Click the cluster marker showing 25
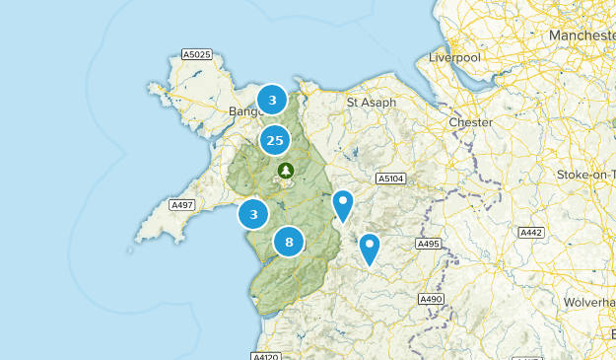pyautogui.click(x=274, y=141)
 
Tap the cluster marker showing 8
pyautogui.click(x=289, y=241)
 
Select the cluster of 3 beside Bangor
pyautogui.click(x=272, y=100)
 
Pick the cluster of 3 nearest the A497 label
pyautogui.click(x=254, y=214)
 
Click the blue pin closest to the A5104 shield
pyautogui.click(x=342, y=206)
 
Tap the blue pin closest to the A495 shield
pyautogui.click(x=370, y=249)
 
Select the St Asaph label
pyautogui.click(x=372, y=103)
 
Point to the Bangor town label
pyautogui.click(x=243, y=111)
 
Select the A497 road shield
pyautogui.click(x=181, y=205)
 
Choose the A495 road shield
pyautogui.click(x=428, y=244)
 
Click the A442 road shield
pyautogui.click(x=531, y=233)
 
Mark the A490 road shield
pyautogui.click(x=432, y=299)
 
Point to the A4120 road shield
pyautogui.click(x=266, y=356)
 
